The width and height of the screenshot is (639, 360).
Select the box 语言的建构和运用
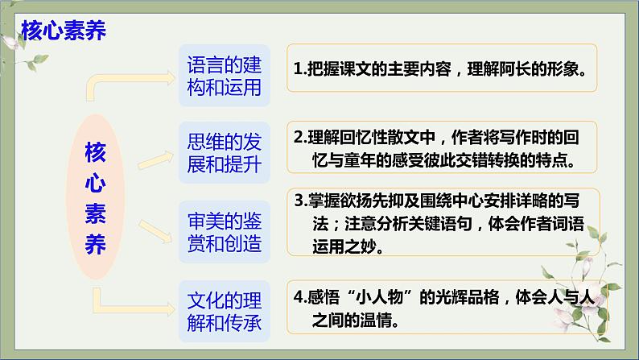pyautogui.click(x=224, y=74)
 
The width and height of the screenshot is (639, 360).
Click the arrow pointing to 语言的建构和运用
pyautogui.click(x=137, y=78)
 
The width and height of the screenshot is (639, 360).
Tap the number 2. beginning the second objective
pyautogui.click(x=299, y=136)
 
